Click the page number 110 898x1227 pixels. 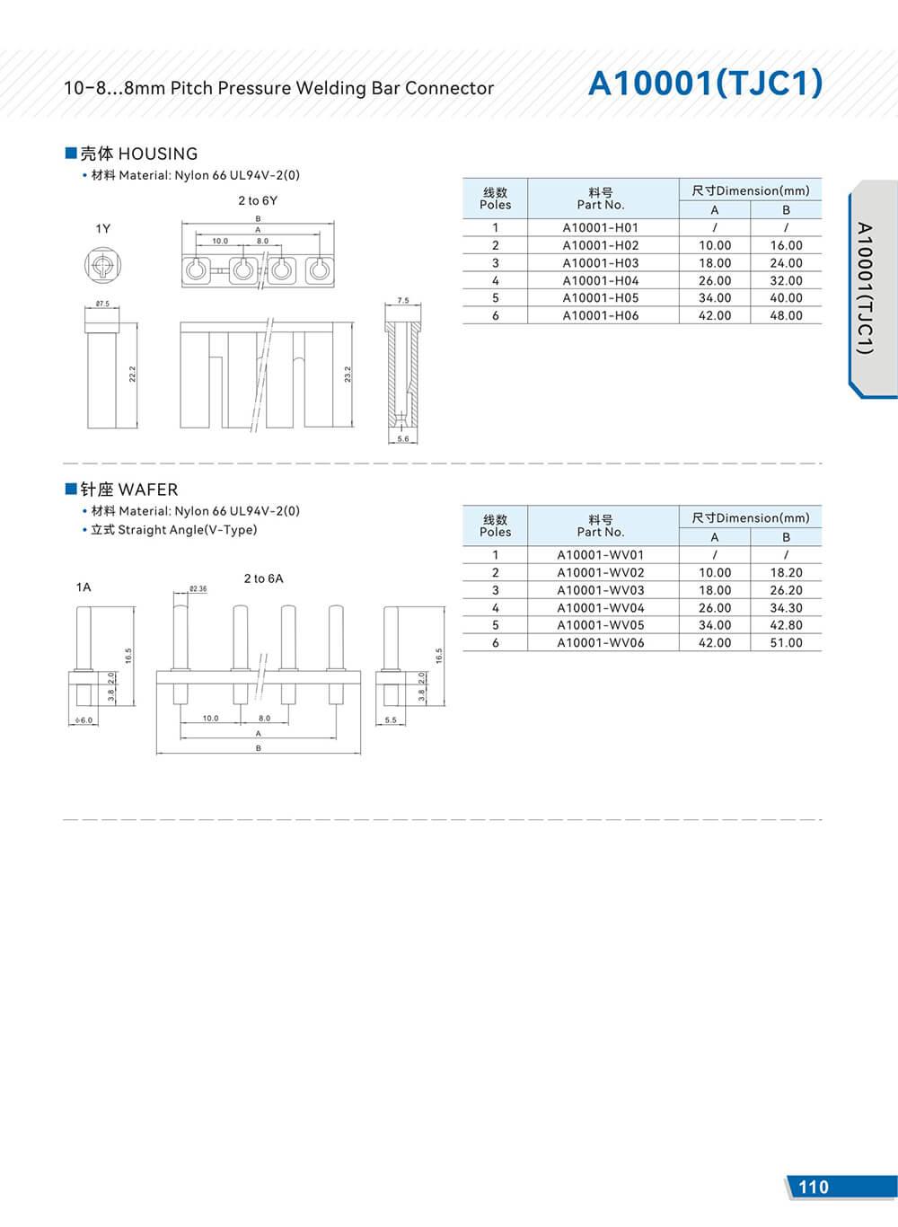[814, 1187]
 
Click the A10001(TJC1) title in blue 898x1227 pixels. [705, 84]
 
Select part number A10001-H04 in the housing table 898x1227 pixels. [601, 280]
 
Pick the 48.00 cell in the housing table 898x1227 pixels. [786, 315]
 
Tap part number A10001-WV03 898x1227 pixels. [601, 590]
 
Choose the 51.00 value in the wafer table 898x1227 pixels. [786, 642]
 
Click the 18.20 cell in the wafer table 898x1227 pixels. [786, 572]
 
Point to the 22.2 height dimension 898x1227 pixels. [133, 374]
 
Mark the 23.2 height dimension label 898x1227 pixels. [348, 374]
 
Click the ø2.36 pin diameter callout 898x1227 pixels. [198, 589]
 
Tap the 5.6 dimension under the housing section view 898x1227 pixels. [402, 439]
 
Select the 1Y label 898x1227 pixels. [103, 229]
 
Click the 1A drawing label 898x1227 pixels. [84, 587]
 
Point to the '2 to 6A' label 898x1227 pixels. [263, 578]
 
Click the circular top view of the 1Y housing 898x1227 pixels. [102, 266]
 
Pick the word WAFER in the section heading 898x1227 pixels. [148, 490]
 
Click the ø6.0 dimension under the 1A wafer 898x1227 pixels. [84, 720]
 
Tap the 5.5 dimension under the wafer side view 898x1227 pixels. [391, 720]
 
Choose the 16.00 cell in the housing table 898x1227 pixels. [786, 245]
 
